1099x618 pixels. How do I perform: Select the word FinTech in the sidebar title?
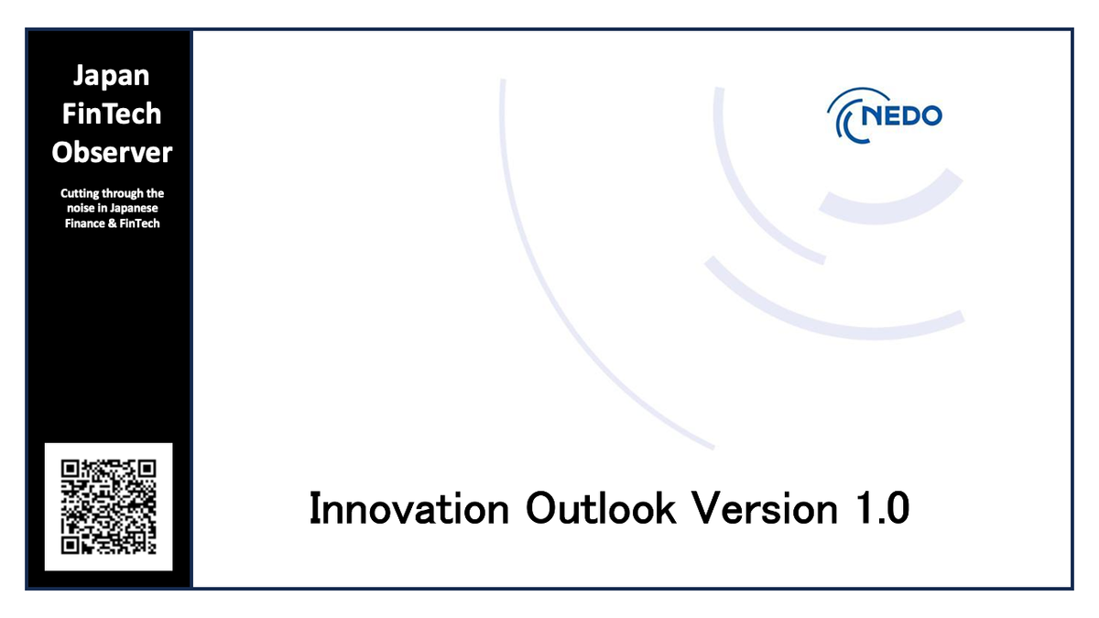[111, 114]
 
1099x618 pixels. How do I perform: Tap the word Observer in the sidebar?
[111, 152]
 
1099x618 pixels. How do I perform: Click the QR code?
[108, 506]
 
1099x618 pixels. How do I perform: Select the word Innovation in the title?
[408, 508]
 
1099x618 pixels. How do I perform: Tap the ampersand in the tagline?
[113, 223]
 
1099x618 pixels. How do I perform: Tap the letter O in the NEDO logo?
[929, 117]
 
